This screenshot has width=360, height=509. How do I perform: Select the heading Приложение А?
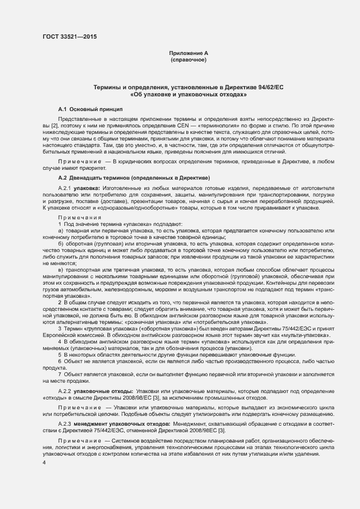tap(188, 53)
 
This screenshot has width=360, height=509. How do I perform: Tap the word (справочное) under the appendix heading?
tap(188, 60)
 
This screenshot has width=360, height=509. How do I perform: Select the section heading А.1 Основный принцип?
tap(90, 109)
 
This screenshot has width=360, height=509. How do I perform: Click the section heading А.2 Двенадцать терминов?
tap(133, 179)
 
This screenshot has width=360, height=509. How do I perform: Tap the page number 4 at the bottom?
tap(44, 462)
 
